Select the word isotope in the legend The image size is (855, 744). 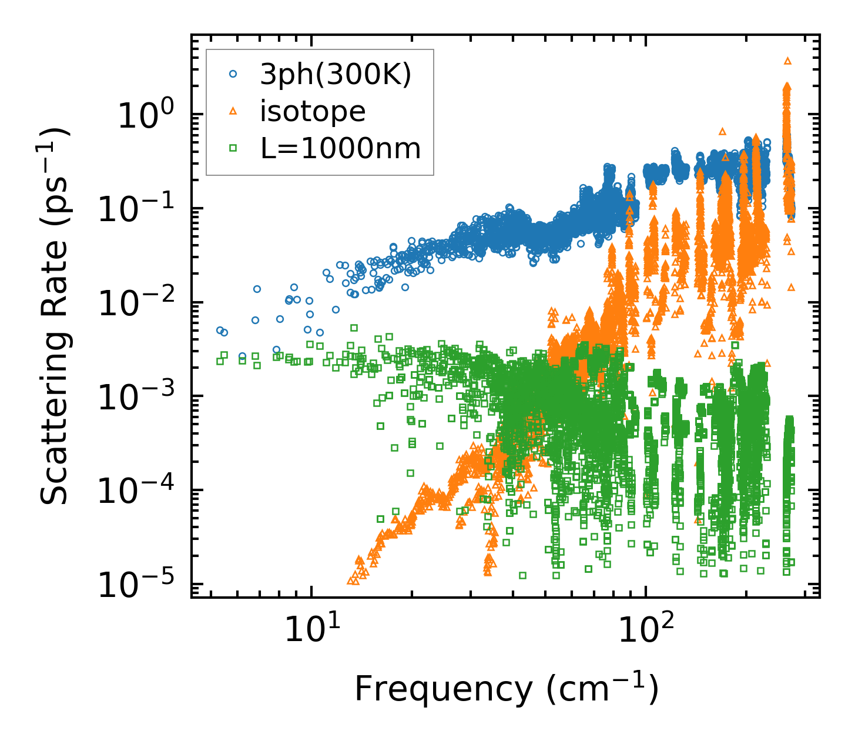[313, 112]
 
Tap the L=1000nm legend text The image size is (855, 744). [341, 149]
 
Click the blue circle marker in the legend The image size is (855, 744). [233, 74]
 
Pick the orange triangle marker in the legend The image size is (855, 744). [233, 111]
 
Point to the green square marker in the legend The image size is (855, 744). [233, 149]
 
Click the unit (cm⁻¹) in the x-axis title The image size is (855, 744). [602, 689]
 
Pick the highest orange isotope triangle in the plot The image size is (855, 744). [788, 61]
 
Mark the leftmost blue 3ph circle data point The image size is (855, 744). [220, 330]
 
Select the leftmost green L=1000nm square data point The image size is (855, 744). [220, 361]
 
